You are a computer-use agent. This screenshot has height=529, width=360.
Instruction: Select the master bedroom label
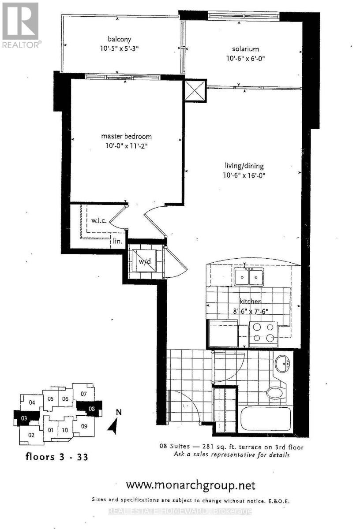[x=126, y=136]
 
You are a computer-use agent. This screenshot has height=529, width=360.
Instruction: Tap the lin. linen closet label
[x=117, y=241]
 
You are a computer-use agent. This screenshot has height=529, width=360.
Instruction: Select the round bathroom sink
[x=283, y=363]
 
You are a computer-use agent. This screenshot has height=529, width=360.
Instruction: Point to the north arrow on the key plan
[x=115, y=424]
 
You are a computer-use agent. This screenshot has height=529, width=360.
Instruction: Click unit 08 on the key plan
[x=90, y=408]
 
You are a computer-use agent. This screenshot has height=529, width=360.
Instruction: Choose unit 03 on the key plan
[x=24, y=417]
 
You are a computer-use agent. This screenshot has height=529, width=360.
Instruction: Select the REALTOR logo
[x=21, y=24]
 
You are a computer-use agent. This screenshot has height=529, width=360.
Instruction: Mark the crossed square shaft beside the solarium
[x=195, y=91]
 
